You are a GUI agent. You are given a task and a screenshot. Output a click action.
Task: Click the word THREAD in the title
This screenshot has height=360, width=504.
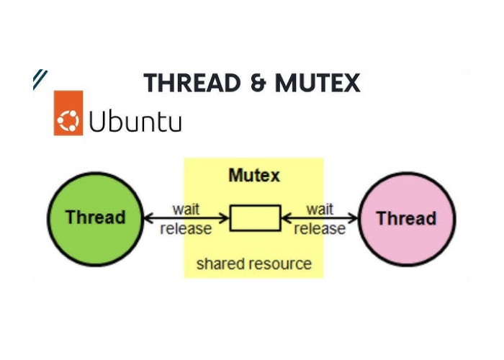click(191, 83)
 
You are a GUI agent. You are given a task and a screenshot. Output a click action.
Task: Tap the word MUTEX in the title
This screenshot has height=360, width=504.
click(318, 83)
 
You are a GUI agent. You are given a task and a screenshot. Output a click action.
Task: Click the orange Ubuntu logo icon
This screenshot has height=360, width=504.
click(68, 113)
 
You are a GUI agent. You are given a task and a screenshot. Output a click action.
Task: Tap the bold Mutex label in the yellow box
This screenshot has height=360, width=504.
click(254, 175)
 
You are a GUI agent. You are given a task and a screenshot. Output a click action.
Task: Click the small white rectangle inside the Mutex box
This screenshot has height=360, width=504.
click(255, 217)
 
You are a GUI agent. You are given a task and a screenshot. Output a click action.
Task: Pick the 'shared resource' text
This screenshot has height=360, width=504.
click(254, 264)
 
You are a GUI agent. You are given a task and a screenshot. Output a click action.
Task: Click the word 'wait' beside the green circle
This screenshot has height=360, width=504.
click(186, 209)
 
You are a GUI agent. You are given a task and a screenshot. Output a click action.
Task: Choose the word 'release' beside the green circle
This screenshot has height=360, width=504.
click(186, 229)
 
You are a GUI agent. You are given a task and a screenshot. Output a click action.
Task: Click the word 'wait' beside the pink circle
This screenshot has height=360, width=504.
click(320, 209)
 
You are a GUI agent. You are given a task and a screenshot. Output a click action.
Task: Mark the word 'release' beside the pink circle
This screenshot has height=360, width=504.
click(320, 229)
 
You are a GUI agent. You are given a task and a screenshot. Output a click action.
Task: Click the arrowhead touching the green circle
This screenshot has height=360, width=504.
click(148, 217)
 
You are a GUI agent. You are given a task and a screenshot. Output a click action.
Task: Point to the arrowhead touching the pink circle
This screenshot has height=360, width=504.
click(354, 217)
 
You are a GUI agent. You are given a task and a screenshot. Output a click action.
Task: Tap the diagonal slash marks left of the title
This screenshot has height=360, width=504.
click(40, 79)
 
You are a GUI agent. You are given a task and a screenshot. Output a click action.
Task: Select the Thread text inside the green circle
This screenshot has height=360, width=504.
click(95, 217)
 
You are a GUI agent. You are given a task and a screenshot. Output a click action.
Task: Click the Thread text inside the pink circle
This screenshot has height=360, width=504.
click(406, 218)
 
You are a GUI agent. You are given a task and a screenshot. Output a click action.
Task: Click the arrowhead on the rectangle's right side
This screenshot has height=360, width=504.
click(285, 217)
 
